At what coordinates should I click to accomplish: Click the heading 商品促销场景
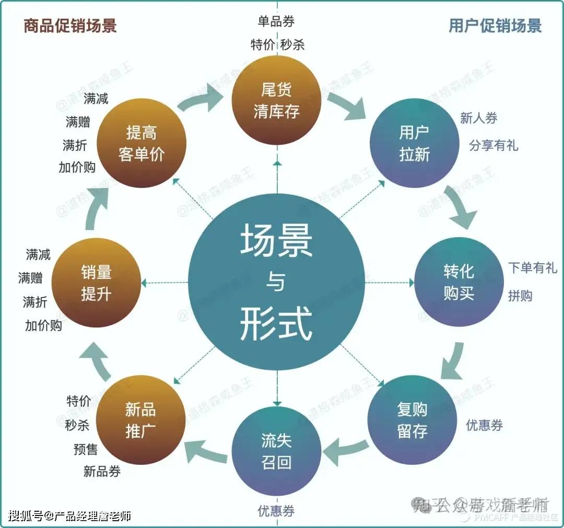(x=69, y=26)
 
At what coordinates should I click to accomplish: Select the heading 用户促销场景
(x=495, y=26)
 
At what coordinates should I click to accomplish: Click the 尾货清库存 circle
(x=277, y=100)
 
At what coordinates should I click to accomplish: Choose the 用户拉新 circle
(x=414, y=143)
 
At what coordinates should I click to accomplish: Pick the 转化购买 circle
(x=459, y=282)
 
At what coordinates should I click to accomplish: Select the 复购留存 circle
(x=413, y=420)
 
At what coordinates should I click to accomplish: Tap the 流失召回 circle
(x=277, y=451)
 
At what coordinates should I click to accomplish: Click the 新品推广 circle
(x=141, y=420)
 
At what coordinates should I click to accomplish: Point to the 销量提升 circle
(x=97, y=283)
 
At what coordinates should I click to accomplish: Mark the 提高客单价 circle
(x=142, y=143)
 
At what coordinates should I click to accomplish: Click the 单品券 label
(x=276, y=21)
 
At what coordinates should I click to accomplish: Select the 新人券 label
(x=478, y=118)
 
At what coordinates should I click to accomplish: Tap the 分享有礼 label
(x=493, y=145)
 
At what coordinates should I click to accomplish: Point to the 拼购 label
(x=520, y=296)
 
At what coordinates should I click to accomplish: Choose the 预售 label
(x=86, y=449)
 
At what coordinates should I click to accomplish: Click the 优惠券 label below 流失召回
(x=276, y=511)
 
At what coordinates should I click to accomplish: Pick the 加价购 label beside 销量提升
(x=43, y=325)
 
